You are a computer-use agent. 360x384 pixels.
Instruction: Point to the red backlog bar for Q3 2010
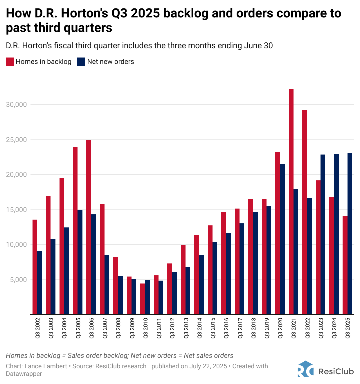(143, 299)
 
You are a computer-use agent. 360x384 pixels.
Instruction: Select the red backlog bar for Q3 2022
(305, 212)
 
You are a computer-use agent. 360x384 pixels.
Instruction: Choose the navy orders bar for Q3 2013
(188, 290)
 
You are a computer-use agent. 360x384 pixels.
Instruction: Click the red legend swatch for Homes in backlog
(10, 62)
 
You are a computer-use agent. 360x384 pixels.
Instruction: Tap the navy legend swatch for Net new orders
(81, 62)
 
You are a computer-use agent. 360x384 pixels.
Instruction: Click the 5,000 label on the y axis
(18, 280)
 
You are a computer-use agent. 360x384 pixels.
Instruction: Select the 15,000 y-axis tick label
(16, 210)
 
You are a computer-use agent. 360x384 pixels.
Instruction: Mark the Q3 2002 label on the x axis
(37, 327)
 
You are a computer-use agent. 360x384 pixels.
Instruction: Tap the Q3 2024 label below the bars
(334, 327)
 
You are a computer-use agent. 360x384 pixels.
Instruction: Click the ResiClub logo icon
(305, 369)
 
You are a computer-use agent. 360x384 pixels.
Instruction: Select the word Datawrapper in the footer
(24, 374)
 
